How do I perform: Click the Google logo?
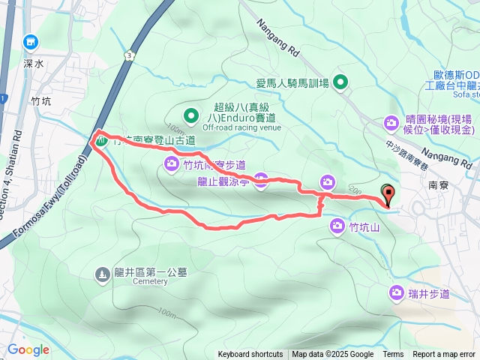click(x=28, y=349)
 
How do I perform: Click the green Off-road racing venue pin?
click(x=191, y=116)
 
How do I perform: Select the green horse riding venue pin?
click(x=341, y=82)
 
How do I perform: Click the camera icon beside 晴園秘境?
click(x=391, y=122)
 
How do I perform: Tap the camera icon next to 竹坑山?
click(x=337, y=225)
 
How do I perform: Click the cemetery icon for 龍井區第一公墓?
click(x=103, y=274)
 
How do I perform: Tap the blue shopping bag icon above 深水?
click(x=31, y=42)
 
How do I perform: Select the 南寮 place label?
click(x=439, y=183)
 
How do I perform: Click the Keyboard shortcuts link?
click(x=250, y=355)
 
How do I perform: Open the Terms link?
click(x=393, y=355)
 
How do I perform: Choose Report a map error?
click(x=445, y=355)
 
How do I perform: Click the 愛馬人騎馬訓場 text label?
click(x=292, y=83)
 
